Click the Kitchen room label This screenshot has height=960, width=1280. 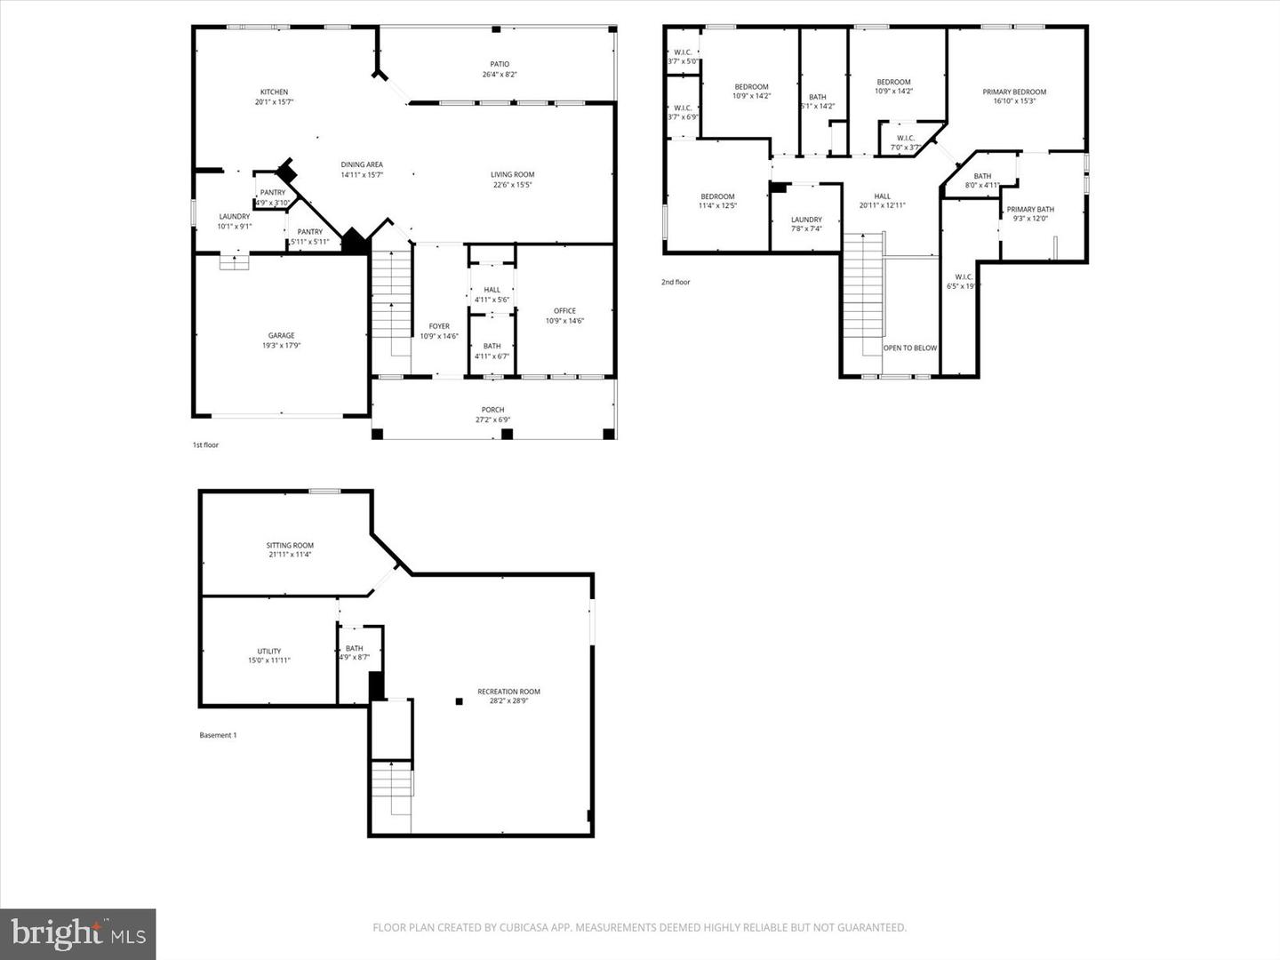[x=274, y=92]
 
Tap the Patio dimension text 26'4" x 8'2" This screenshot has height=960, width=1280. [x=500, y=75]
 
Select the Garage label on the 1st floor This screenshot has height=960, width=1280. [x=281, y=336]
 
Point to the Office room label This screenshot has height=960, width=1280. [x=564, y=311]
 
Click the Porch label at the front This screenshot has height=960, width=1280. [x=492, y=410]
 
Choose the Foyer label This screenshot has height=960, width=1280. [x=439, y=326]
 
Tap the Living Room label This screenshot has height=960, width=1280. [x=512, y=175]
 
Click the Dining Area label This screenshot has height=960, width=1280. [x=362, y=164]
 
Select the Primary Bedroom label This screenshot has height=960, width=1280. [x=1014, y=92]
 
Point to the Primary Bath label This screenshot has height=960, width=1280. [x=1030, y=210]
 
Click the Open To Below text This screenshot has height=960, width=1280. [x=909, y=348]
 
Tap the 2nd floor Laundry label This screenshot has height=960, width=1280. [x=806, y=220]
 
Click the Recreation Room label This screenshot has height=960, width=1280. [x=508, y=692]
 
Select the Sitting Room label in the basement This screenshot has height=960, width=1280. [x=290, y=546]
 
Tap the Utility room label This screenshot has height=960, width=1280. [x=268, y=652]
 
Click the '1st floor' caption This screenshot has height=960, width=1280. [x=205, y=444]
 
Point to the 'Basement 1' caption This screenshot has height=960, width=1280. [x=218, y=735]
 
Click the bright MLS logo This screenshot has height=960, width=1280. [x=78, y=933]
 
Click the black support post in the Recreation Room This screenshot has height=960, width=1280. [x=460, y=701]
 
